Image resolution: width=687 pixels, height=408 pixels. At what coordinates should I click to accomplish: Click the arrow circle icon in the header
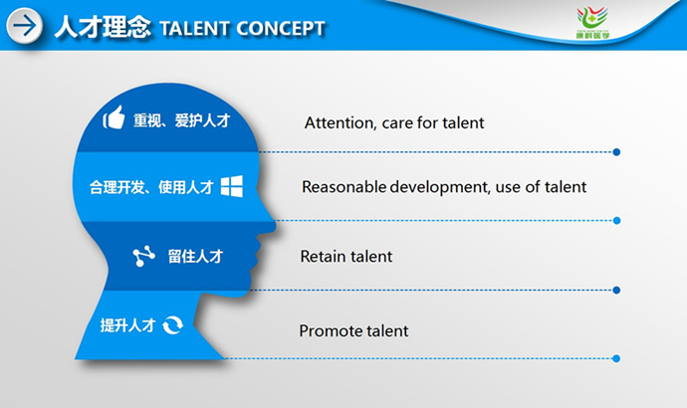[x=25, y=26]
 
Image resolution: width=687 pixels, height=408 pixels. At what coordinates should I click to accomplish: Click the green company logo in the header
[x=592, y=23]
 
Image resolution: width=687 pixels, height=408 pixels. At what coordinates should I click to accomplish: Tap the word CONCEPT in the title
[x=281, y=29]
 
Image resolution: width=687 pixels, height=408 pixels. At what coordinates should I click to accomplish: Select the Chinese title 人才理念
[x=103, y=27]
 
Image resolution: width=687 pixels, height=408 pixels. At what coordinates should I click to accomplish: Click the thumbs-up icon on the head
[x=114, y=117]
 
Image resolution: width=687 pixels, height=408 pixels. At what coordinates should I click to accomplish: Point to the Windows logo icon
[x=232, y=186]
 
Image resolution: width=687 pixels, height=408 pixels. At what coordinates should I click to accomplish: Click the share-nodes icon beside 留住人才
[x=143, y=256]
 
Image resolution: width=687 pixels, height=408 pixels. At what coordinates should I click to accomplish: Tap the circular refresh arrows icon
[x=172, y=325]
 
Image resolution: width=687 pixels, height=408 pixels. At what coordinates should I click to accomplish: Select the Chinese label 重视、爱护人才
[x=182, y=120]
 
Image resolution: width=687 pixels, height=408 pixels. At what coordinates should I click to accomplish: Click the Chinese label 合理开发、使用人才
[x=151, y=187]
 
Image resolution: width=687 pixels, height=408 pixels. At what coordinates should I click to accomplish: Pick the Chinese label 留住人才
[x=195, y=257]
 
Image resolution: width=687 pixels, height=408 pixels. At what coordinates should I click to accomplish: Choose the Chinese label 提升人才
[x=127, y=325]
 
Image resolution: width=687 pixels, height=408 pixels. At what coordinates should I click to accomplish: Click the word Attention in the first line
[x=341, y=123]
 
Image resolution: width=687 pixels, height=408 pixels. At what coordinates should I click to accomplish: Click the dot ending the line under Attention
[x=616, y=152]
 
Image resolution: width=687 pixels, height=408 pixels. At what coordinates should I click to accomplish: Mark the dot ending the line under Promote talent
[x=616, y=358]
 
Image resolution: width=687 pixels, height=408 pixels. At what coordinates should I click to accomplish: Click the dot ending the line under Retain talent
[x=616, y=290]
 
